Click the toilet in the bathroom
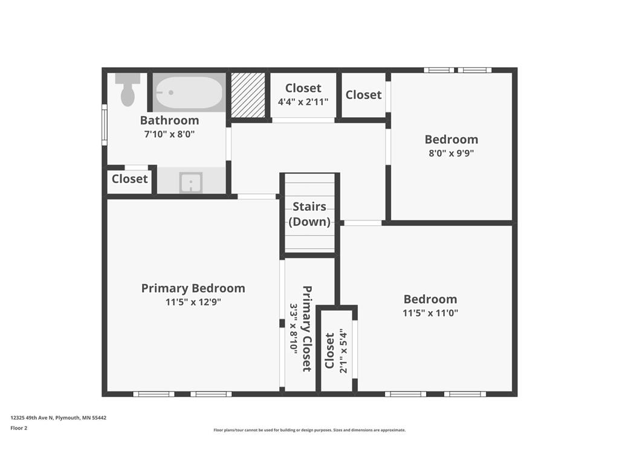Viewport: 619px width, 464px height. (128, 89)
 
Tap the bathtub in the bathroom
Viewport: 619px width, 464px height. (189, 92)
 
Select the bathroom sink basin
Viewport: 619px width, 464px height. (191, 182)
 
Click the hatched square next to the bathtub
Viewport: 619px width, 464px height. (248, 95)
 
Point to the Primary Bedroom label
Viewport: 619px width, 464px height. (193, 288)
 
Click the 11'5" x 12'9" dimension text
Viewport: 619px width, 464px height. (193, 302)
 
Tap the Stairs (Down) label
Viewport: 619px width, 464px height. (309, 214)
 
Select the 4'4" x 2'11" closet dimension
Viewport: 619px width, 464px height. (303, 102)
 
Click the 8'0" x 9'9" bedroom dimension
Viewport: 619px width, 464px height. (451, 153)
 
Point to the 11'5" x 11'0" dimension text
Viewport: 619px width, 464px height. (430, 314)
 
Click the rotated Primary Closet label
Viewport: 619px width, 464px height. (307, 329)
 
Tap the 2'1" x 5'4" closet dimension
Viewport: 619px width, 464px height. (343, 351)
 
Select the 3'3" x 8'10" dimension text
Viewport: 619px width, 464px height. (294, 329)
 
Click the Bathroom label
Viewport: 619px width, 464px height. (169, 120)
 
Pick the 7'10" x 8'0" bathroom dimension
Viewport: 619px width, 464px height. (169, 134)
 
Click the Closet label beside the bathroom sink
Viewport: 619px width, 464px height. (129, 179)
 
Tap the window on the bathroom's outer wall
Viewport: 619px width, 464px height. (105, 124)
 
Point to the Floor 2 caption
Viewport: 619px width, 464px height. (19, 428)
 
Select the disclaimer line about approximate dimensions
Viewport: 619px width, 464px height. (309, 430)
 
